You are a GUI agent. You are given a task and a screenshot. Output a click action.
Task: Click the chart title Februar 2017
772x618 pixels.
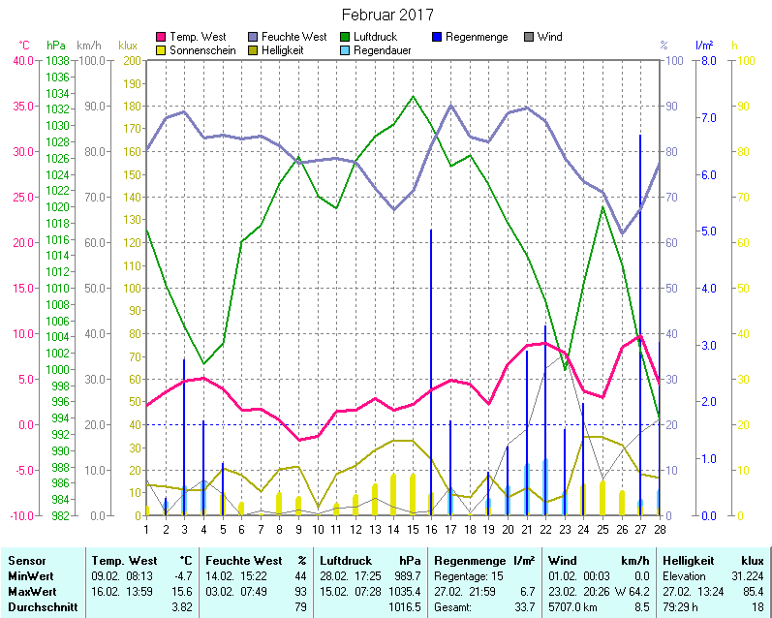pos(387,15)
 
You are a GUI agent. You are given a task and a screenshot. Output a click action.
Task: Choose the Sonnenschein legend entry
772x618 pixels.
pos(201,49)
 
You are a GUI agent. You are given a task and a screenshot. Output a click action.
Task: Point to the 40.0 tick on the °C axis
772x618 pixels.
pos(22,60)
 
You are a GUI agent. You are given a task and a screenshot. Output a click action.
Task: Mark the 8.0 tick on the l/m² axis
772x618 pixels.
pos(708,60)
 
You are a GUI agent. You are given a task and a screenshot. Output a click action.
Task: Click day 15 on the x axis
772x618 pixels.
pos(413,528)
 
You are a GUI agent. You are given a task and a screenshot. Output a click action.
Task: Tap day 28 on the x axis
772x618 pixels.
pos(660,528)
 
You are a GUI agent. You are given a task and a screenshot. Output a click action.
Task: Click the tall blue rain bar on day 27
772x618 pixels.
pos(640,291)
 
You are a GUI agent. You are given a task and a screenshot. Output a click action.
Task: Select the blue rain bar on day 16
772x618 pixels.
pos(431,368)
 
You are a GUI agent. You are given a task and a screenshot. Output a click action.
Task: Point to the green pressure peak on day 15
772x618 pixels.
pos(413,96)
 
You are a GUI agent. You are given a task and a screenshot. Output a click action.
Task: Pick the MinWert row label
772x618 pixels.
pos(29,575)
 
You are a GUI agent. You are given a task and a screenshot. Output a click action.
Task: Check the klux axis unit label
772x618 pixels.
pos(128,45)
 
